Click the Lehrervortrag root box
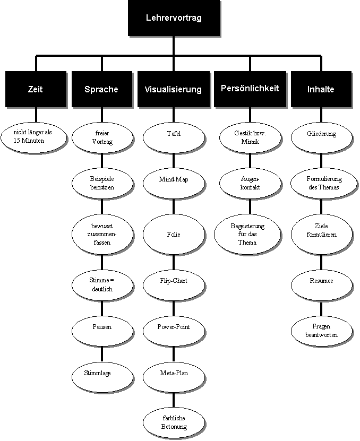tap(174, 18)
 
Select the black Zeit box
tap(36, 89)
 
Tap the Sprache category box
tap(102, 89)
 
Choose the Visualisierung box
tap(174, 89)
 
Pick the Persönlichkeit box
tap(250, 89)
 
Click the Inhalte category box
tap(321, 89)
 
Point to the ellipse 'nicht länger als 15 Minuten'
tap(34, 137)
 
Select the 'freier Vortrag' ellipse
tap(102, 137)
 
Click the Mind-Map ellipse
tap(174, 184)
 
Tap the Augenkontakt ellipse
tap(250, 184)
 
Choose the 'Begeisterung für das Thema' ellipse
tap(247, 234)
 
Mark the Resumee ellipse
tap(321, 286)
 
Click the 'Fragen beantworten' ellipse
tap(321, 331)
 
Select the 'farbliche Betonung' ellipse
tap(174, 423)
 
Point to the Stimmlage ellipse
tap(102, 377)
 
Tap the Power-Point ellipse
tap(174, 331)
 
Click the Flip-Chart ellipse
tap(174, 286)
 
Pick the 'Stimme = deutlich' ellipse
tap(102, 286)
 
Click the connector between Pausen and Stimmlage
tap(102, 354)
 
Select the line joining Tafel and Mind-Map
tap(174, 161)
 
